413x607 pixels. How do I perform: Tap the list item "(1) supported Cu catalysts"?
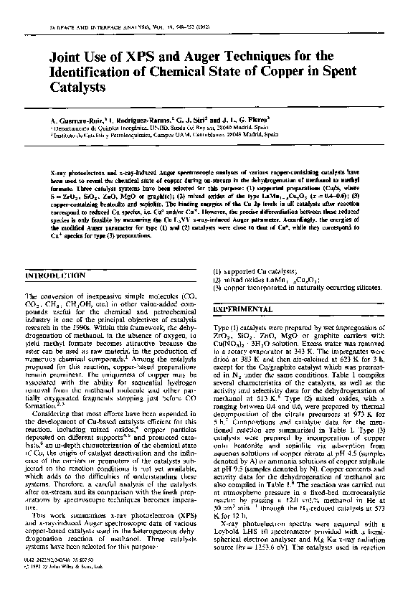click(x=248, y=271)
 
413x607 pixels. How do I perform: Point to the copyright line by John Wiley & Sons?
click(x=66, y=583)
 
